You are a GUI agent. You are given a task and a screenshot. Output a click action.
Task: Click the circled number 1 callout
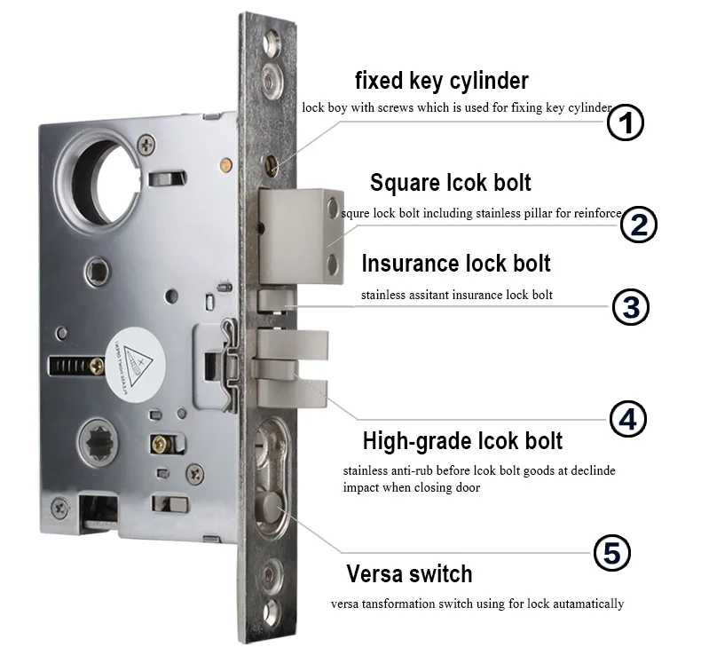pyautogui.click(x=626, y=122)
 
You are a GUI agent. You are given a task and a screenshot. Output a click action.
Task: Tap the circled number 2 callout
pyautogui.click(x=638, y=225)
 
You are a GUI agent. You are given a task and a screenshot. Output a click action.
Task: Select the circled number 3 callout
pyautogui.click(x=630, y=307)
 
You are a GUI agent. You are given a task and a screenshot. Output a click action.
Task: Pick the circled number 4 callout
pyautogui.click(x=628, y=419)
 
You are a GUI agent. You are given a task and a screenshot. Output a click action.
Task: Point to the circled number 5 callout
pyautogui.click(x=612, y=553)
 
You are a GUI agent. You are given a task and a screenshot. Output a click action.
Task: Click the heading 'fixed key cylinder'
pyautogui.click(x=442, y=82)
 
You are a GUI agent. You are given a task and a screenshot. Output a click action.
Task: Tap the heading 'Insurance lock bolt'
pyautogui.click(x=456, y=263)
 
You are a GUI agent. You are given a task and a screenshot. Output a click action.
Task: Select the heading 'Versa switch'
pyautogui.click(x=410, y=573)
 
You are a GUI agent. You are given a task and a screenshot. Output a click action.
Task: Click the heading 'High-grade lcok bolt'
pyautogui.click(x=462, y=441)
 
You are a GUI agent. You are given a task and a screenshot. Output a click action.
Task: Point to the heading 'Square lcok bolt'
pyautogui.click(x=451, y=183)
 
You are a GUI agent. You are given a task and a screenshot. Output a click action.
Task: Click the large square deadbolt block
pyautogui.click(x=302, y=236)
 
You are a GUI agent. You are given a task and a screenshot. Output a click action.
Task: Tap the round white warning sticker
pyautogui.click(x=136, y=366)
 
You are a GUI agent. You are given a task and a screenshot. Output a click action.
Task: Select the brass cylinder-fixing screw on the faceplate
pyautogui.click(x=272, y=165)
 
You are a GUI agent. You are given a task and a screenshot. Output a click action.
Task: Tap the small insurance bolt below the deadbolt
pyautogui.click(x=276, y=299)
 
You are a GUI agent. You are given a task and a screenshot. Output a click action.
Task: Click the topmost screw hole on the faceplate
pyautogui.click(x=272, y=43)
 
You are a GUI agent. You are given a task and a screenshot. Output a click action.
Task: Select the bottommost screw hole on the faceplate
pyautogui.click(x=272, y=613)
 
